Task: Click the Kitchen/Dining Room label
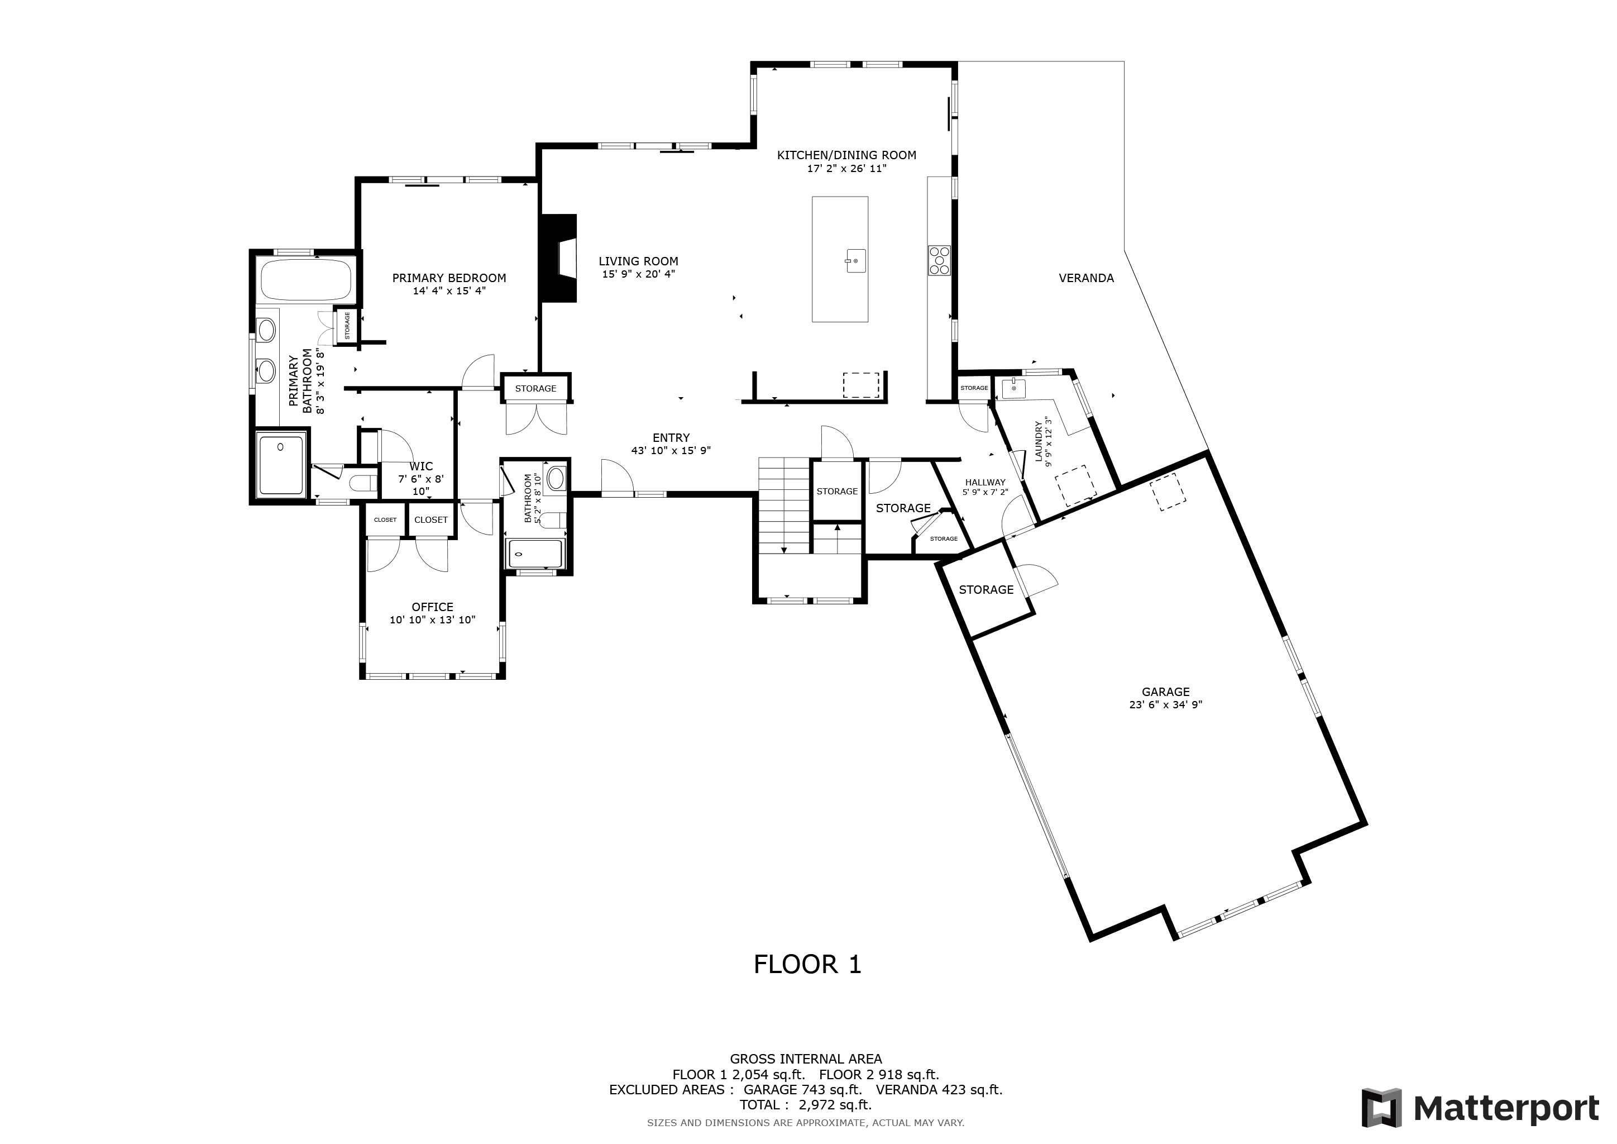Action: (846, 155)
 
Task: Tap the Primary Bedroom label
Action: (449, 278)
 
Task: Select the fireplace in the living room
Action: (558, 259)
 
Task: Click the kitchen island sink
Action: (855, 261)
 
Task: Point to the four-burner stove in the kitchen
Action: (939, 259)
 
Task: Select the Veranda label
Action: (1086, 278)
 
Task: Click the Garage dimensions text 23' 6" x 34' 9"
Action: (1165, 704)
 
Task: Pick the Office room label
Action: (432, 607)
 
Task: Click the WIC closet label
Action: (421, 466)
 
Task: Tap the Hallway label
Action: (985, 483)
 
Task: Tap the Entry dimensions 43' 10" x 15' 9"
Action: (671, 451)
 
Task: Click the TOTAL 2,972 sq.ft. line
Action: (806, 1105)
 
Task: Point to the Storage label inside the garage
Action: (986, 590)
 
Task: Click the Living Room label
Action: (639, 261)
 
